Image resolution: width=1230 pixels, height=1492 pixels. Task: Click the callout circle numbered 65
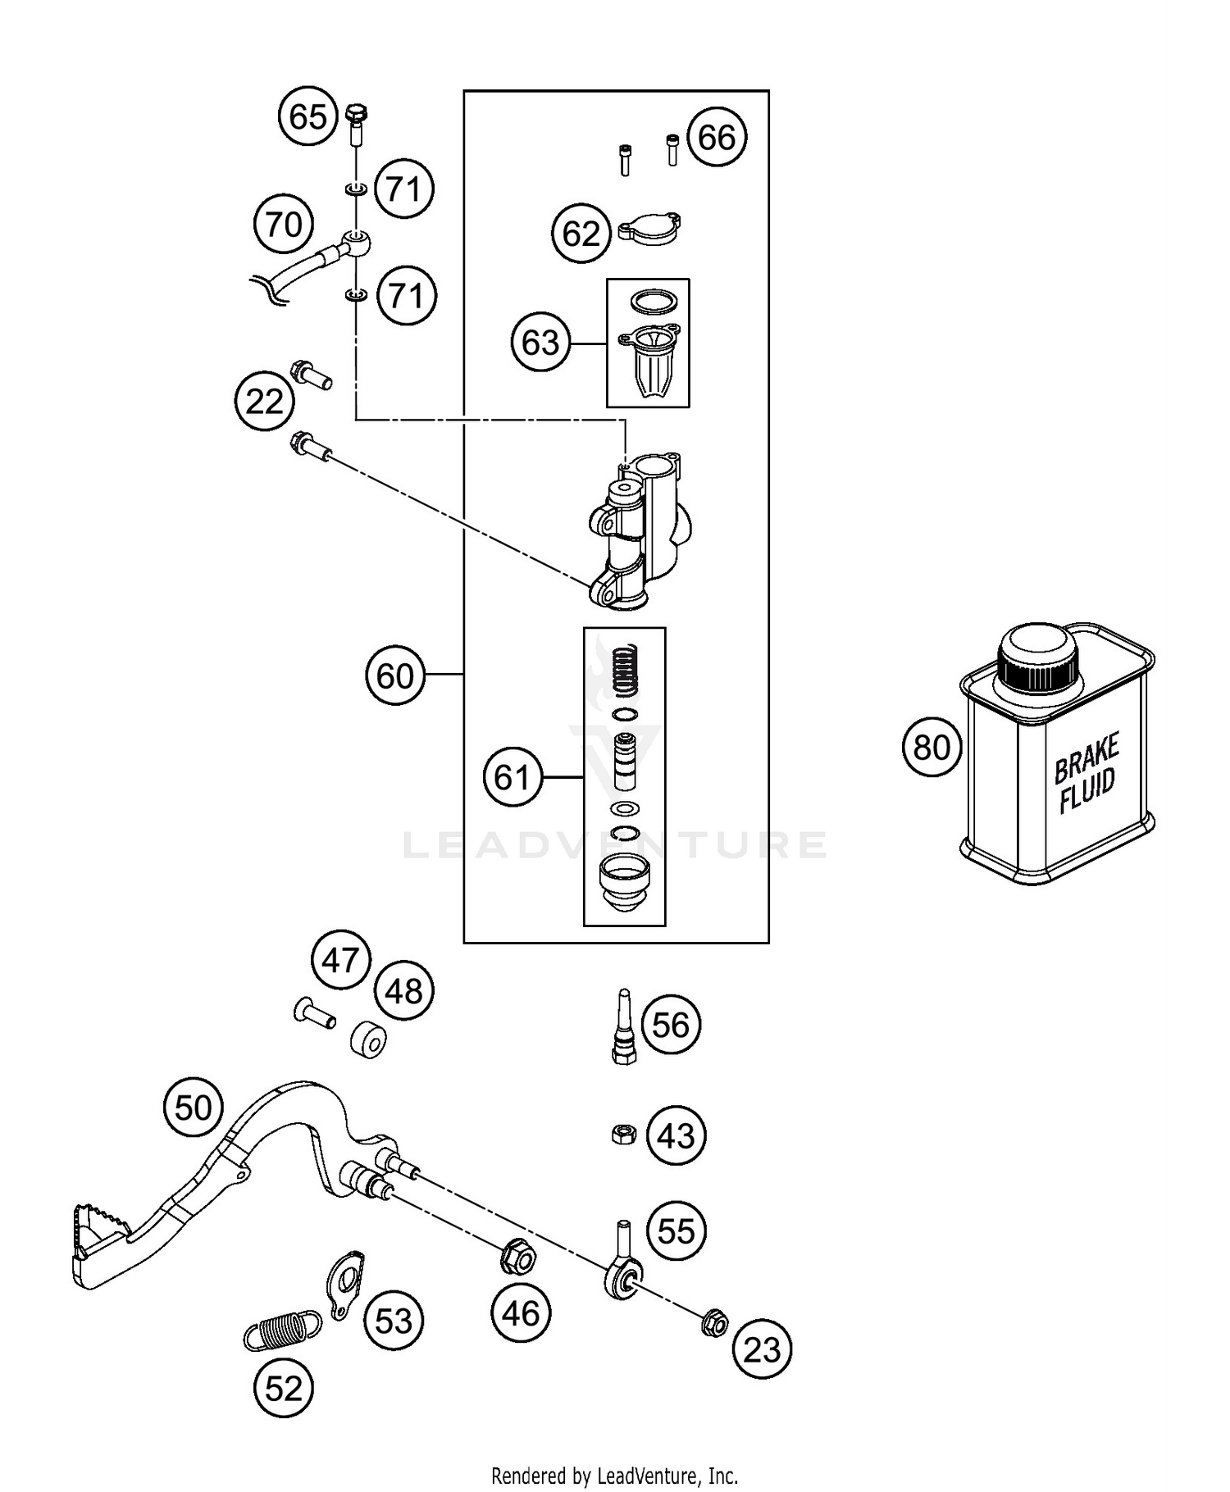[308, 116]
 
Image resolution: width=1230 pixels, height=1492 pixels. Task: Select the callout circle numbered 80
[932, 747]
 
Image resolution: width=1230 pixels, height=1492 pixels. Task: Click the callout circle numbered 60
[395, 676]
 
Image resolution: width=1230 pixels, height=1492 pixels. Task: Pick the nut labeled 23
[714, 1322]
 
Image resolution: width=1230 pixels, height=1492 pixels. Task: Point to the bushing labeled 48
[368, 1040]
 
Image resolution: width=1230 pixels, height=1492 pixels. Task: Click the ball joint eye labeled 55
[623, 1276]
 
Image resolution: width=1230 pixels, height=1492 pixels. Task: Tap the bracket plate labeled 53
[345, 1284]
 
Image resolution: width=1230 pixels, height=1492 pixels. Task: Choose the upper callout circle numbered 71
[403, 189]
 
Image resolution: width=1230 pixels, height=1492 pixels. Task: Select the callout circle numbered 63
[540, 343]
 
